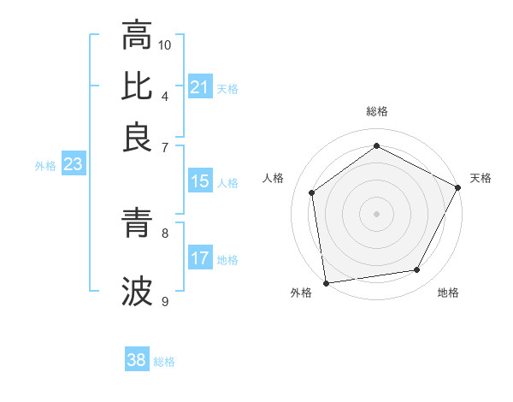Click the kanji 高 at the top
pos(137,36)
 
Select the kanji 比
pos(137,86)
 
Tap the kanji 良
pos(137,136)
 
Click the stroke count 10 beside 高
pos(165,44)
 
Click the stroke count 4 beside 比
pos(165,95)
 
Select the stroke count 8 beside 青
pos(165,232)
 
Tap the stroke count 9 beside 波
pos(165,301)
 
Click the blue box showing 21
pos(199,87)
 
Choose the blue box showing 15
pos(199,181)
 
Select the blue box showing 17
pos(199,258)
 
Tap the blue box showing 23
pos(72,165)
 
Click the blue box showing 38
pos(136,360)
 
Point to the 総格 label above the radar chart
pos(377,111)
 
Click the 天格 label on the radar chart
pos(481,178)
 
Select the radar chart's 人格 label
pos(273,178)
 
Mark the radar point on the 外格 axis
pos(326,282)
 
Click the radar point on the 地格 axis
pos(417,270)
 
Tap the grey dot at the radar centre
pos(376,213)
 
